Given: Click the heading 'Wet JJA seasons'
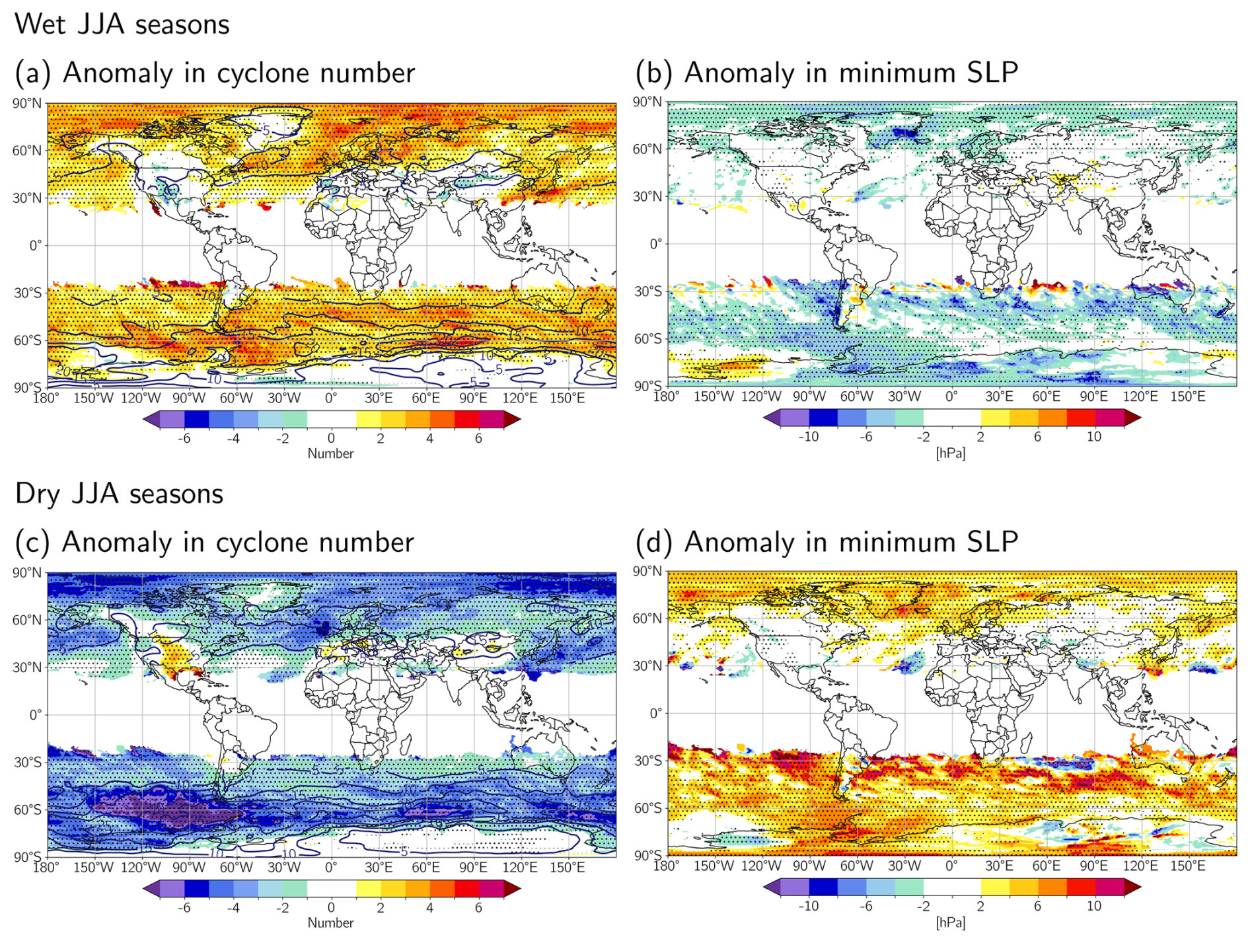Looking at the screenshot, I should [122, 24].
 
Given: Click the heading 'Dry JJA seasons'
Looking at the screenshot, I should [119, 494].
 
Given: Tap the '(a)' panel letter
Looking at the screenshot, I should [32, 73].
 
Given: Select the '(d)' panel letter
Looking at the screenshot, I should [653, 542].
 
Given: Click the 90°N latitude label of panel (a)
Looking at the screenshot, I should [26, 103].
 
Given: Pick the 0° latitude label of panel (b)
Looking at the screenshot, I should [655, 244].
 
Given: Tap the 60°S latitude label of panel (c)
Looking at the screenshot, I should [26, 810].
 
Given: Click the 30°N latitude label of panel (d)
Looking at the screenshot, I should [647, 665].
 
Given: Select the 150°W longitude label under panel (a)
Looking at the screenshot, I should [93, 398].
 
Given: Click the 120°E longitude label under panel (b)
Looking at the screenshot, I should [1140, 396].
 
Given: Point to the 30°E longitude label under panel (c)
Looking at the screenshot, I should [379, 867].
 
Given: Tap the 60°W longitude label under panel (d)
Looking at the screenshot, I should [856, 866].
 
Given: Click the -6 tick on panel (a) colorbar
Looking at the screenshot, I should [184, 438].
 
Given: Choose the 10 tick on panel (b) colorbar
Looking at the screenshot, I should [1094, 436].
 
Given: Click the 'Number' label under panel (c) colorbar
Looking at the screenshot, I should [330, 923].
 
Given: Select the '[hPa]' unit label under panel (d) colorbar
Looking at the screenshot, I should [950, 923].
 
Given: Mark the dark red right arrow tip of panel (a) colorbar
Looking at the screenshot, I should [513, 419].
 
